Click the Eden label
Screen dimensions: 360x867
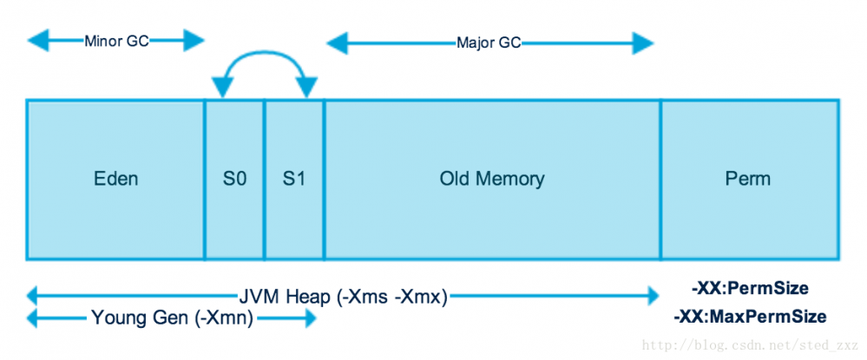point(115,180)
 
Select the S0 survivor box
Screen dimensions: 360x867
point(234,180)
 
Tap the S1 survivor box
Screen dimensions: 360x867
point(294,180)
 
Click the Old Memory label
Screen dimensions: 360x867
point(491,180)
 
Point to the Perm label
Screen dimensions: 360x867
point(747,180)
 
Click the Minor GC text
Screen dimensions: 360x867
point(116,41)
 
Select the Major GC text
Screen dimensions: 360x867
point(489,43)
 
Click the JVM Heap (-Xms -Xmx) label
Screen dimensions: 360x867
point(343,297)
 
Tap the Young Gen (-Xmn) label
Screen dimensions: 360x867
point(172,318)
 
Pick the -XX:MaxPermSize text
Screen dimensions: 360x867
point(750,317)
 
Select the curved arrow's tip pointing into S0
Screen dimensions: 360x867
point(223,88)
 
